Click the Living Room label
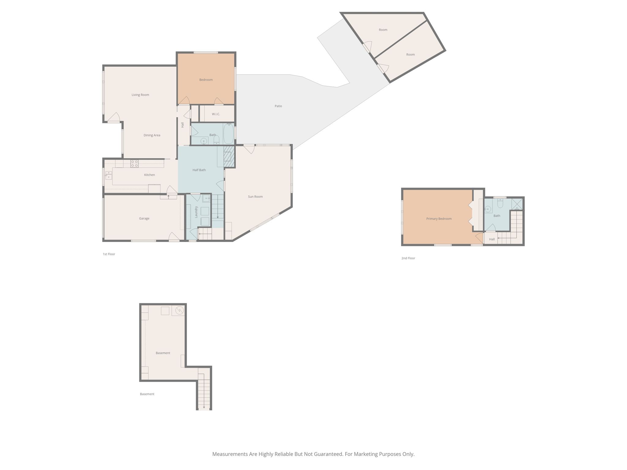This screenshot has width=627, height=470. pos(140,95)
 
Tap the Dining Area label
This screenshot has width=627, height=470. pos(152,135)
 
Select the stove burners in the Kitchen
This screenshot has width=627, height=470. pos(134,164)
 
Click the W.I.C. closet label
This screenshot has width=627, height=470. pos(216,114)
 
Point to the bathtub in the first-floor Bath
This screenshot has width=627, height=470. pos(228,133)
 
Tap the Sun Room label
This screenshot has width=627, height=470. pos(255,197)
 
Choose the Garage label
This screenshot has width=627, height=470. pos(144,218)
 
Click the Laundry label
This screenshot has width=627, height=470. pos(196,212)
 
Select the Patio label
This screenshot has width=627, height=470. pos(278,106)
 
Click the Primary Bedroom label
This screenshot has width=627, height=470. pos(439,219)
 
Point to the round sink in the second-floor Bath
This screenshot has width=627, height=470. pos(488,209)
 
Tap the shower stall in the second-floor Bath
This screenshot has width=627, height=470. pos(517,204)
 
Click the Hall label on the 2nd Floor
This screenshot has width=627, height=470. pos(492,239)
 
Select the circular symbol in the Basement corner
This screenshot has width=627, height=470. pos(179,311)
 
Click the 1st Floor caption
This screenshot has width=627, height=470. pos(109,254)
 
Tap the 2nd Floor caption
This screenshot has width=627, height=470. pos(408,258)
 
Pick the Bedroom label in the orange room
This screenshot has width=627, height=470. pos(206,80)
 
